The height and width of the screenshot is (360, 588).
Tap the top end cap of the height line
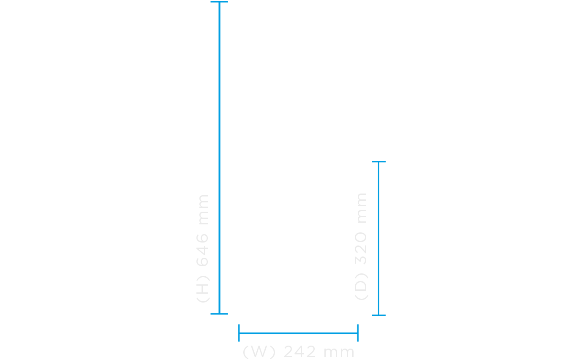point(219,2)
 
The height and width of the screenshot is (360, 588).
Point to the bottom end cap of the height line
point(219,314)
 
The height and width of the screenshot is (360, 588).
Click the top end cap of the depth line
point(378,162)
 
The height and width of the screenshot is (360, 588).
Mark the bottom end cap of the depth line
point(378,315)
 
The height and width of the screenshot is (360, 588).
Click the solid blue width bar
point(298,333)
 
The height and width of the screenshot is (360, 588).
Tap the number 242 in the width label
point(299,352)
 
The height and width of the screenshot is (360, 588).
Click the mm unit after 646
point(203,209)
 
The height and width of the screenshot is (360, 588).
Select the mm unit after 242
point(339,352)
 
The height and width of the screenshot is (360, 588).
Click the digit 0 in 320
point(362,237)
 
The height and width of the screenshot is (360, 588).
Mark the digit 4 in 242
point(299,352)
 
